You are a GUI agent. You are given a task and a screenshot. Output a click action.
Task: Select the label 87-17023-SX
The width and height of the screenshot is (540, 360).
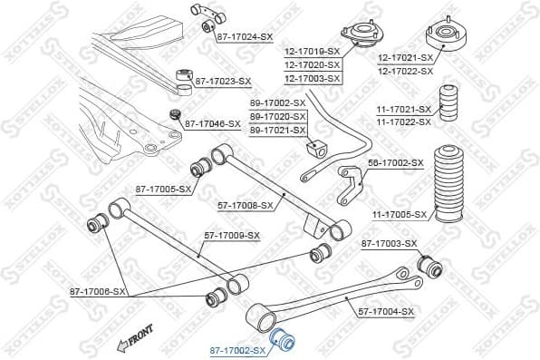tap(222, 82)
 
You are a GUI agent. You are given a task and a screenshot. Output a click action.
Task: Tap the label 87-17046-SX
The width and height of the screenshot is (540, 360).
tap(213, 123)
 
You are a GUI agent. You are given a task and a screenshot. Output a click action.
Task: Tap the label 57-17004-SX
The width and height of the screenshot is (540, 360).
tap(386, 311)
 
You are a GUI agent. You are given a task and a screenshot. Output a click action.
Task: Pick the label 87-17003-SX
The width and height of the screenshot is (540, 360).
tap(389, 243)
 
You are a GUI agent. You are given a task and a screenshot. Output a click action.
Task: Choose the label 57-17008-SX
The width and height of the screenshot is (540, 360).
tap(246, 206)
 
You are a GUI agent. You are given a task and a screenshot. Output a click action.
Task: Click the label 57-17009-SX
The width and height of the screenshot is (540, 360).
tap(231, 236)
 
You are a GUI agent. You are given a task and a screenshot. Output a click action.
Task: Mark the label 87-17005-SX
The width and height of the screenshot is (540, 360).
tap(163, 190)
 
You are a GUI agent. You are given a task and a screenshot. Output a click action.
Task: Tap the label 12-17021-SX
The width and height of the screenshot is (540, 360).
tap(405, 58)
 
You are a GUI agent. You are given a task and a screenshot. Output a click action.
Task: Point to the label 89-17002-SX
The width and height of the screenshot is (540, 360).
tap(277, 104)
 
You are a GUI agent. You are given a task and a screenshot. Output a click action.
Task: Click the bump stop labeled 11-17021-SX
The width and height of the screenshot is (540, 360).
tap(450, 105)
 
